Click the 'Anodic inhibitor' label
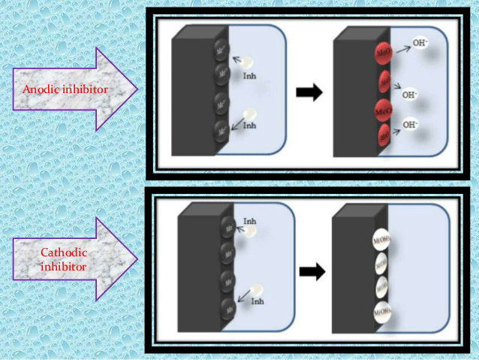pos(65,89)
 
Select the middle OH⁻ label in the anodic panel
pos(410,95)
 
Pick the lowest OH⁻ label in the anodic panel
pos(411,125)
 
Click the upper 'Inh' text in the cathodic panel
pos(249,221)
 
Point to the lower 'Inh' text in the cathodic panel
pos(258,301)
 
